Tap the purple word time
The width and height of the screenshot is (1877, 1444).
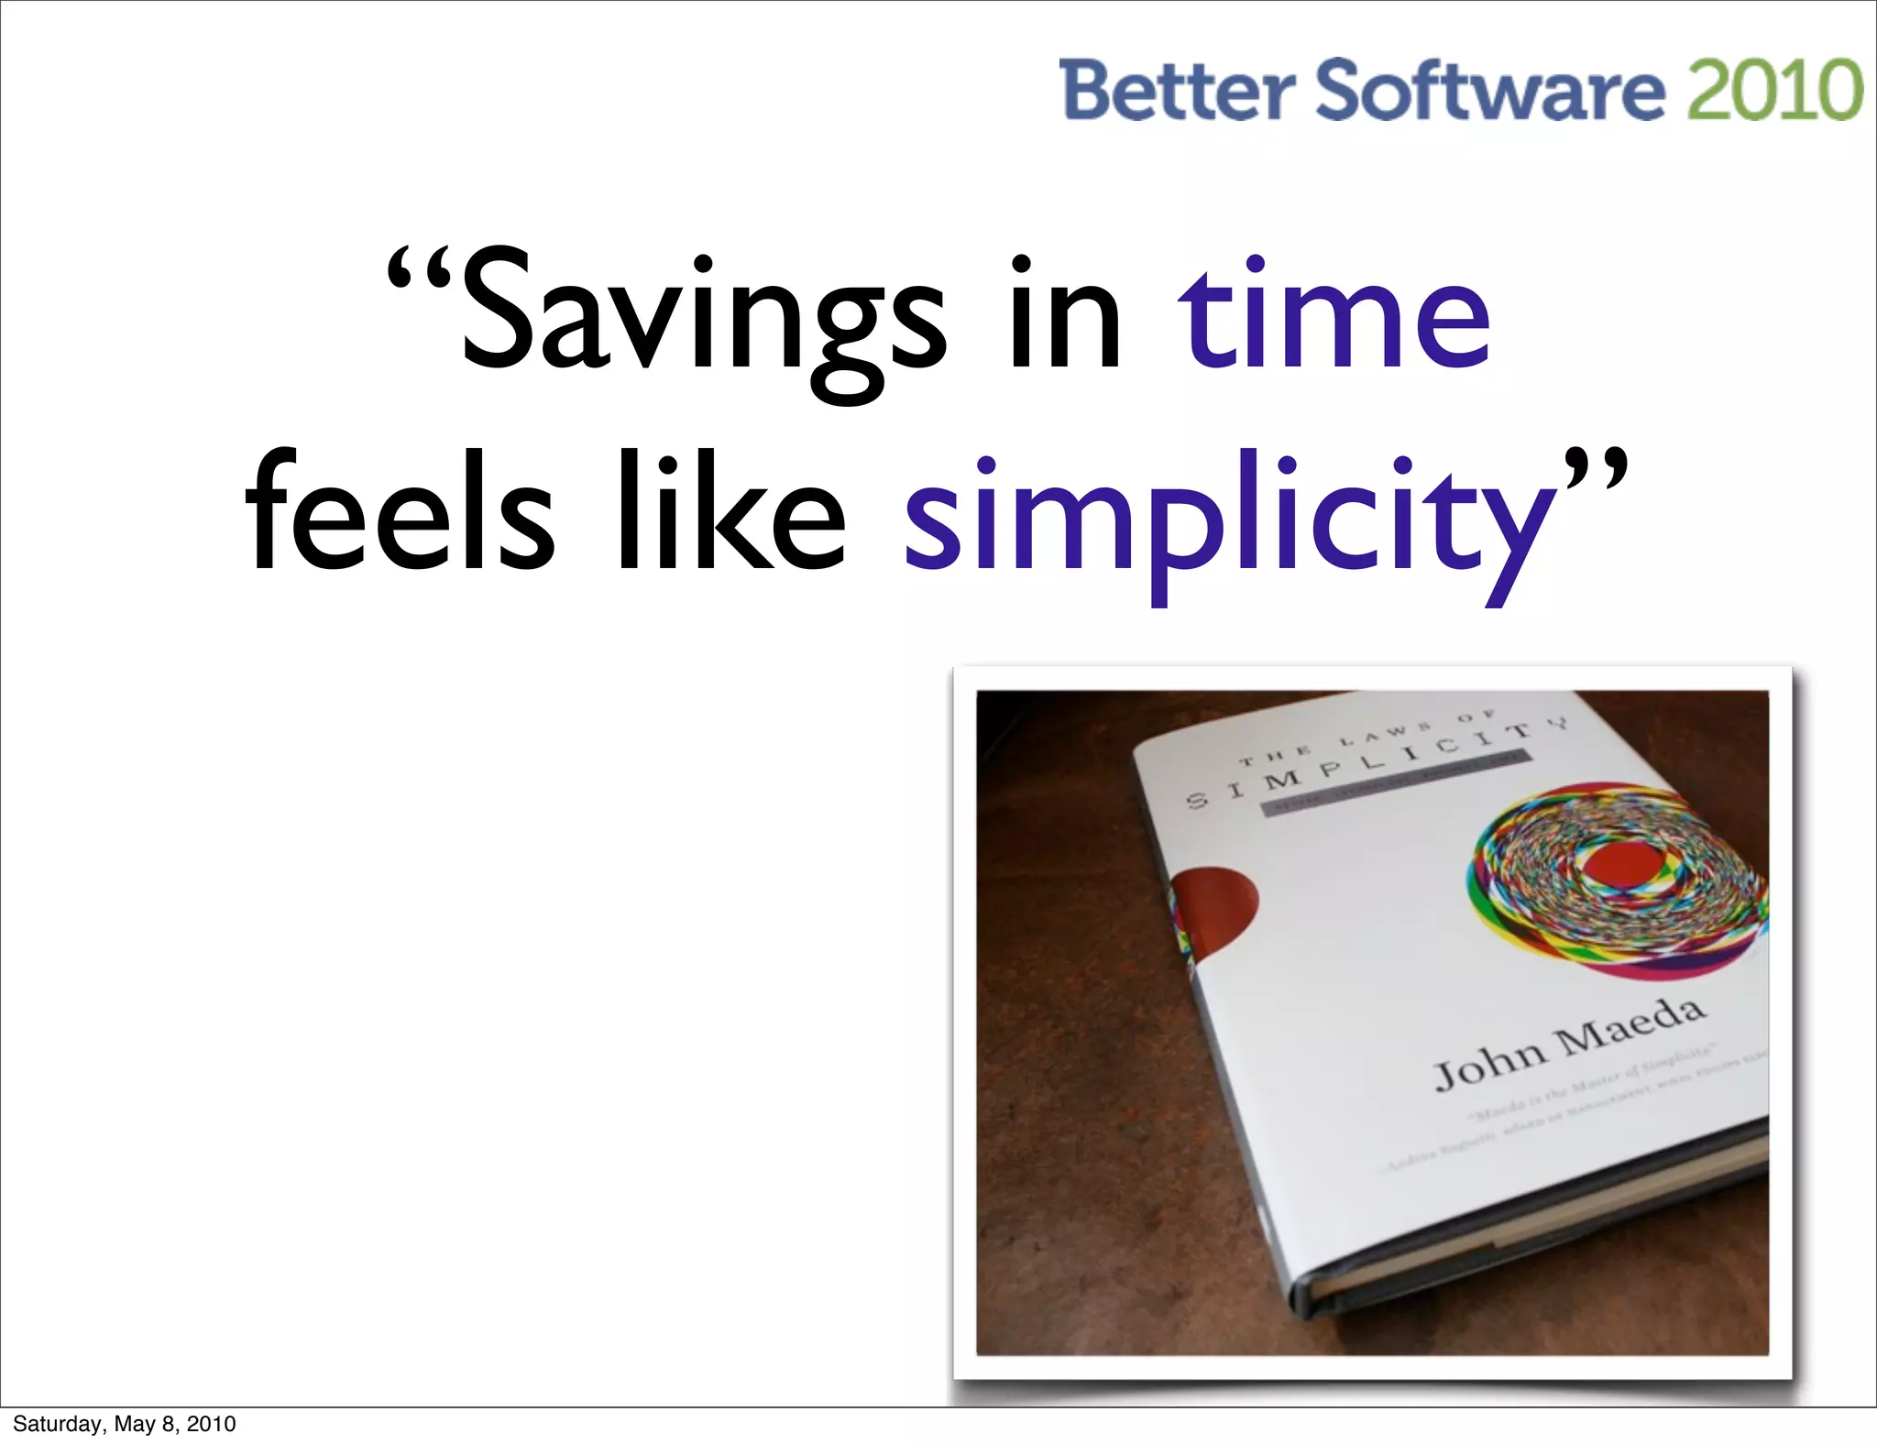pyautogui.click(x=1334, y=316)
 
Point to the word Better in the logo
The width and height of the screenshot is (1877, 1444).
pyautogui.click(x=1177, y=90)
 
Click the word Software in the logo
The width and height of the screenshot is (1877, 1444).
pyautogui.click(x=1490, y=90)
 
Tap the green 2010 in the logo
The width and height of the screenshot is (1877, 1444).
pyautogui.click(x=1774, y=90)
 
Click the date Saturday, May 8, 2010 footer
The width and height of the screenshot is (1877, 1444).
pyautogui.click(x=125, y=1424)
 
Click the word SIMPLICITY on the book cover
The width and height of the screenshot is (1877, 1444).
pyautogui.click(x=1375, y=765)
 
